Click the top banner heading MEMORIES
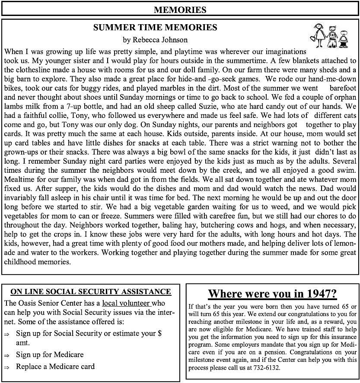click(180, 9)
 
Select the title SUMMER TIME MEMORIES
click(155, 28)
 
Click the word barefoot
click(343, 88)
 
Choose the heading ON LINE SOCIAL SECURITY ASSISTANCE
click(90, 292)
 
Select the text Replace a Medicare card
click(55, 367)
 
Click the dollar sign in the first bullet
click(159, 334)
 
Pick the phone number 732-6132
click(268, 368)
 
